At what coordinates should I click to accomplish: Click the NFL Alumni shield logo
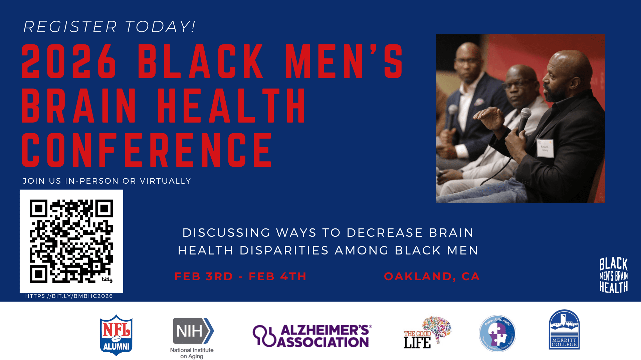point(116,335)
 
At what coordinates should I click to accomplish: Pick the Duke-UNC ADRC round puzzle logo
point(497,333)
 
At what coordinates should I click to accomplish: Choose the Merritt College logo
point(564,330)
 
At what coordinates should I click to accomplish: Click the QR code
point(71,241)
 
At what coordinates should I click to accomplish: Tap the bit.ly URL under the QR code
point(69,296)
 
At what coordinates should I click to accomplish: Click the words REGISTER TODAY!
point(109,27)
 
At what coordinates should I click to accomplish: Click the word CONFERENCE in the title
point(147,150)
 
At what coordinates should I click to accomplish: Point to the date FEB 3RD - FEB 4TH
point(240,277)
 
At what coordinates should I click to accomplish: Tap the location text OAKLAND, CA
point(432,277)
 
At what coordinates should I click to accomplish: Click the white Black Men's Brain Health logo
point(613,275)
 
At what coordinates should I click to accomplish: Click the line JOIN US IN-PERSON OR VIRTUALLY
point(107,181)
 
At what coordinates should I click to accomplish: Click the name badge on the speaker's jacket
point(545,148)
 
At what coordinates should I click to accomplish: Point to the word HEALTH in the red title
point(231,106)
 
